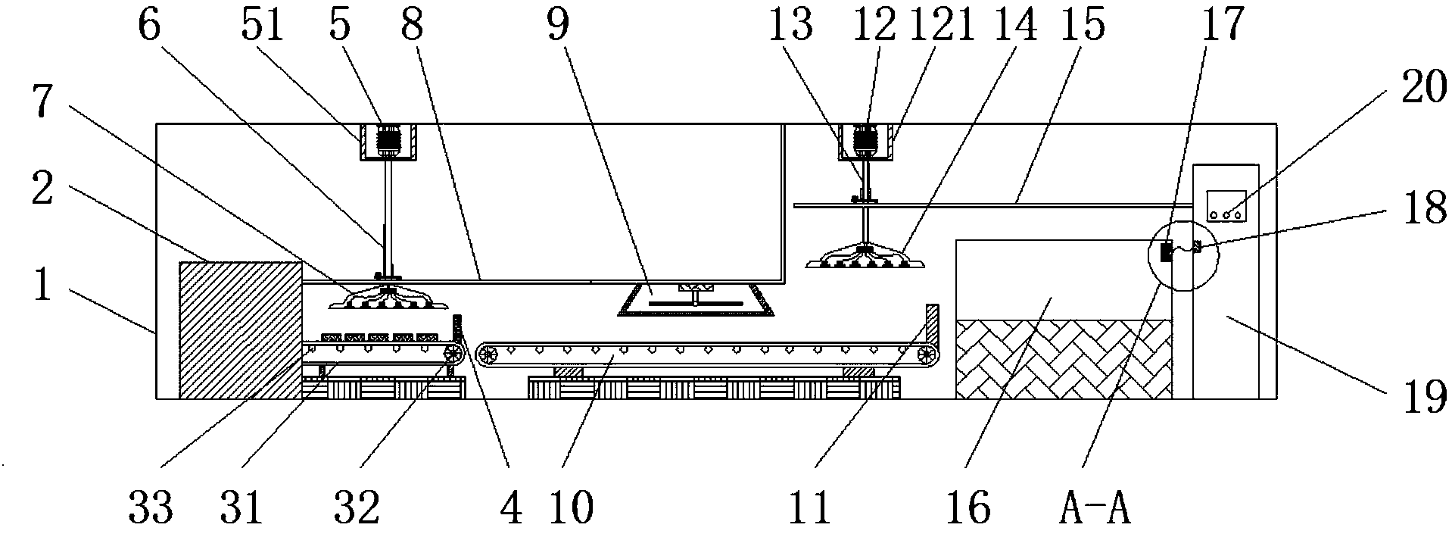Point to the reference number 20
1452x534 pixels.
tap(1411, 91)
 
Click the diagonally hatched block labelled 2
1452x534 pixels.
tap(240, 329)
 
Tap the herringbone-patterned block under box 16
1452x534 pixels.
tap(1064, 359)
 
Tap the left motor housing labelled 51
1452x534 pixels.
tap(388, 142)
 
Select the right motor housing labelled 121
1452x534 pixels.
tap(864, 142)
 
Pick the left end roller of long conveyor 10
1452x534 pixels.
tap(486, 354)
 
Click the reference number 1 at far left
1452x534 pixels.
tap(43, 286)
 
